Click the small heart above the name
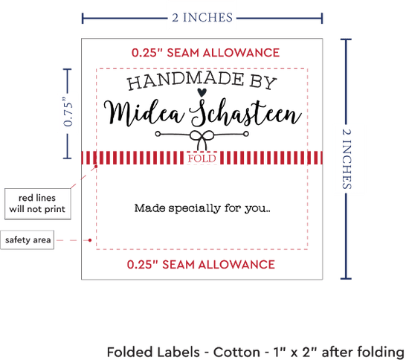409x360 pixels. click(202, 92)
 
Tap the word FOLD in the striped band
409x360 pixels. click(202, 158)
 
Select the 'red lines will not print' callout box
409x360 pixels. click(38, 204)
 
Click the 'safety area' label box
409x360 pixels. click(28, 240)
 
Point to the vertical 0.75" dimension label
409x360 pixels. click(68, 112)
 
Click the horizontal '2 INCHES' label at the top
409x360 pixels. click(202, 18)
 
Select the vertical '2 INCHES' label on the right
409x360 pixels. click(347, 159)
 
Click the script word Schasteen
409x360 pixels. click(245, 112)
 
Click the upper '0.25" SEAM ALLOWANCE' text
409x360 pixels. click(205, 53)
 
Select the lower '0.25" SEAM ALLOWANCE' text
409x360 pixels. click(201, 265)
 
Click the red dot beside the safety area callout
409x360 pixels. click(90, 240)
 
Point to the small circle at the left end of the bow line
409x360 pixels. click(158, 134)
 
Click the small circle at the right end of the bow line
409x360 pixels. click(246, 134)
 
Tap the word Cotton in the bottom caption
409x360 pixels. click(236, 352)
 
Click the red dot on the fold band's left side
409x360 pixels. click(96, 166)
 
